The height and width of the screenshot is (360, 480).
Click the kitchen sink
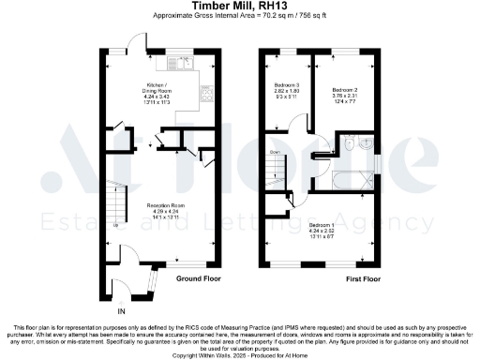[178, 65]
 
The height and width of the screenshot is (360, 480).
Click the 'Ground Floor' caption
[190, 278]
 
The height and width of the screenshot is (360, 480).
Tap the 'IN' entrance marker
[121, 309]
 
